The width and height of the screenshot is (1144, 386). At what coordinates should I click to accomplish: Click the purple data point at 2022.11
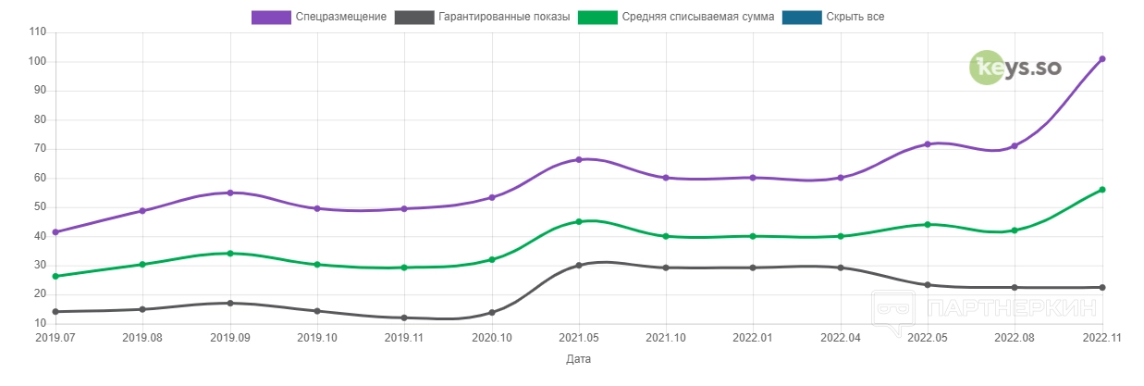1101,59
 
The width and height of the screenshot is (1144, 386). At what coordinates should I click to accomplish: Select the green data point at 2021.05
579,222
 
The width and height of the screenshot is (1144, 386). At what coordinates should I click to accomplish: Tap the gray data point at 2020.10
492,312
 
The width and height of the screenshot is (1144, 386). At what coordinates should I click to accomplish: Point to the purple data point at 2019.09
230,193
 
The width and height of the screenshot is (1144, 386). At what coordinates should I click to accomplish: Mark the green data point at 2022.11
1101,190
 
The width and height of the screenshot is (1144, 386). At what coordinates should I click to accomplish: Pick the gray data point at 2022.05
927,285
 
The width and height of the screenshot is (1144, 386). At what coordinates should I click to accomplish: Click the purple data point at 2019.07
55,231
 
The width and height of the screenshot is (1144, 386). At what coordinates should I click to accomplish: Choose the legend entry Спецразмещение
319,17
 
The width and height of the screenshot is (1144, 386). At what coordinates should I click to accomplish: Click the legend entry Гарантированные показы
482,17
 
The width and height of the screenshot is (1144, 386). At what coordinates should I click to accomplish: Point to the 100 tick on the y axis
37,62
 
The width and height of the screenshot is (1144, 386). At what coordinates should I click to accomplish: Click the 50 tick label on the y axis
40,207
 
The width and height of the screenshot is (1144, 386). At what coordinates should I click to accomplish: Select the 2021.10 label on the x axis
666,338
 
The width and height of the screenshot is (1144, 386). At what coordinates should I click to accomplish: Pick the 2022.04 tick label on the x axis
840,338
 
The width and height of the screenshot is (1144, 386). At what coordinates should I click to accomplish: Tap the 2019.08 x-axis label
142,338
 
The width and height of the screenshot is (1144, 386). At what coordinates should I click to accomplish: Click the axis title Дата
578,359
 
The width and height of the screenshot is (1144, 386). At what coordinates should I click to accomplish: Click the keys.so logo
1015,68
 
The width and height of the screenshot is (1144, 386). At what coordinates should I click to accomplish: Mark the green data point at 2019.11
404,268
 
